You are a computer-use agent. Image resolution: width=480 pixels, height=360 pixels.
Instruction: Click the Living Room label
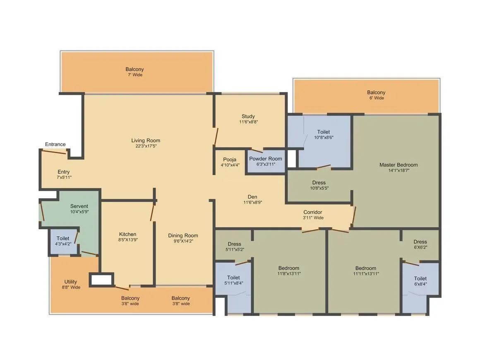tap(146, 140)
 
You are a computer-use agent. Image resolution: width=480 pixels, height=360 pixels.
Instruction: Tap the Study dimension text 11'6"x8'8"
tap(248, 122)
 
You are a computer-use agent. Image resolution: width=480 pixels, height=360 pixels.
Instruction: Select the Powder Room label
tap(265, 158)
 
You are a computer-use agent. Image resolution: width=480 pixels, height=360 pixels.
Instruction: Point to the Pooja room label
tap(230, 159)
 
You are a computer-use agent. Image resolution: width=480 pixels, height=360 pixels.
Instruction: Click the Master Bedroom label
tap(398, 165)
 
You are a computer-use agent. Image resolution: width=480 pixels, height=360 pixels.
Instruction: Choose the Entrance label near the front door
tap(55, 144)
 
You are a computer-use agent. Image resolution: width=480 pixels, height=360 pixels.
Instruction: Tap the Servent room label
tap(79, 206)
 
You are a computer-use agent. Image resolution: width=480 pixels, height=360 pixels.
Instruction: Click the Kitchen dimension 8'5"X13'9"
tap(128, 240)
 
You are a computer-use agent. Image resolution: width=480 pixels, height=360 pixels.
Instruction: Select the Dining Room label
tap(183, 235)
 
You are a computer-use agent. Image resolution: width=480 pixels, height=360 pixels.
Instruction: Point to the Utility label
tap(70, 282)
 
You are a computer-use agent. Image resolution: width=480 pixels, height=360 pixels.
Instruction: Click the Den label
tap(252, 197)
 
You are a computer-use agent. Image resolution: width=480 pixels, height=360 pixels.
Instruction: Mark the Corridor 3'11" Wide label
tap(313, 215)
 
